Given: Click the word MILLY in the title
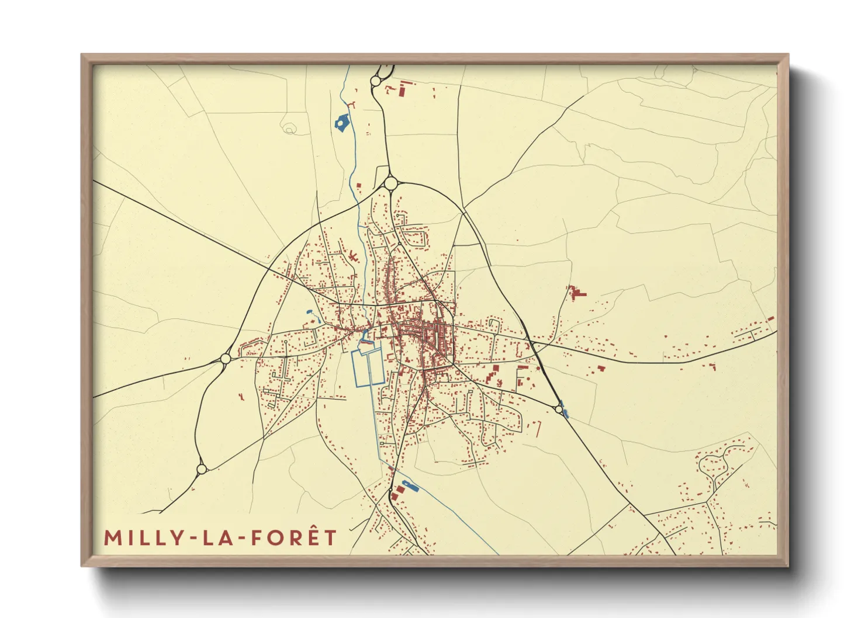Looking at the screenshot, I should click(138, 537).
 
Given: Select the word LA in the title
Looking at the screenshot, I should click(213, 537).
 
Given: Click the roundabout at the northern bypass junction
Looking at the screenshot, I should click(391, 184).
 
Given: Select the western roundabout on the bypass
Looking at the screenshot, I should click(225, 358).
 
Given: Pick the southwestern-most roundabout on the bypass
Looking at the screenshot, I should click(202, 468).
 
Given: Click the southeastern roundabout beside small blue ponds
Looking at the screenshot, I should click(559, 409).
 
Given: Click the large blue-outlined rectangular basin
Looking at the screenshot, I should click(366, 367).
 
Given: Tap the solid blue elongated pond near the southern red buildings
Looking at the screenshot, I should click(408, 485).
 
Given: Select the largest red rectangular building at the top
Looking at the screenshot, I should click(402, 91).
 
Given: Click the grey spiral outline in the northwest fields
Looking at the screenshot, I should click(289, 129).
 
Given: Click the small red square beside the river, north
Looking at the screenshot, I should click(359, 185).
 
